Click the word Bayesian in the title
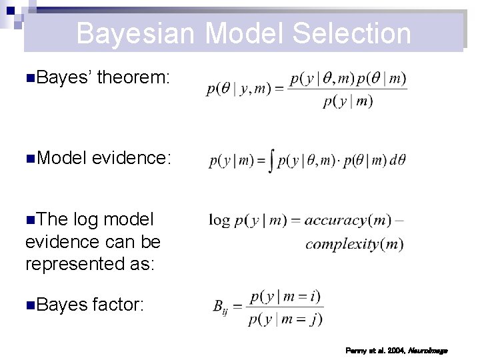click(x=135, y=33)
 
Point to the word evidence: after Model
click(x=132, y=158)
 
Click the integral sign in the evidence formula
click(x=271, y=161)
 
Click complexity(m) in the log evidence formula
click(x=354, y=244)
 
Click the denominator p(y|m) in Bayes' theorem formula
click(x=348, y=101)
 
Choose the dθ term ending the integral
click(x=398, y=161)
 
